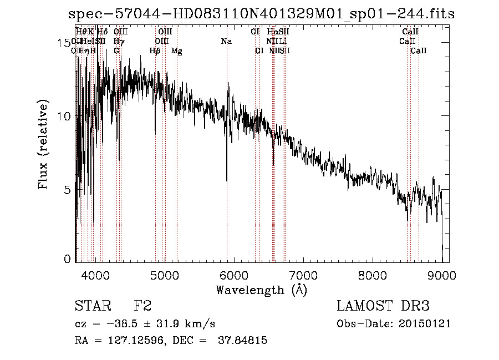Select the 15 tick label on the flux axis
coord(64,43)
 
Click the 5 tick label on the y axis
coord(67,190)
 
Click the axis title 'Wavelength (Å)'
coord(261,290)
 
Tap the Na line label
coord(226,42)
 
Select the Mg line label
coord(176,51)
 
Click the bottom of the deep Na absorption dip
coord(227,180)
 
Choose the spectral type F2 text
coord(142,306)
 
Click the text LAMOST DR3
coord(383,306)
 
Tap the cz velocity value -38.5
coord(125,324)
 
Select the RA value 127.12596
coord(123,341)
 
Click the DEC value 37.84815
coord(243,341)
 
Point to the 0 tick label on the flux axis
coord(67,259)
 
